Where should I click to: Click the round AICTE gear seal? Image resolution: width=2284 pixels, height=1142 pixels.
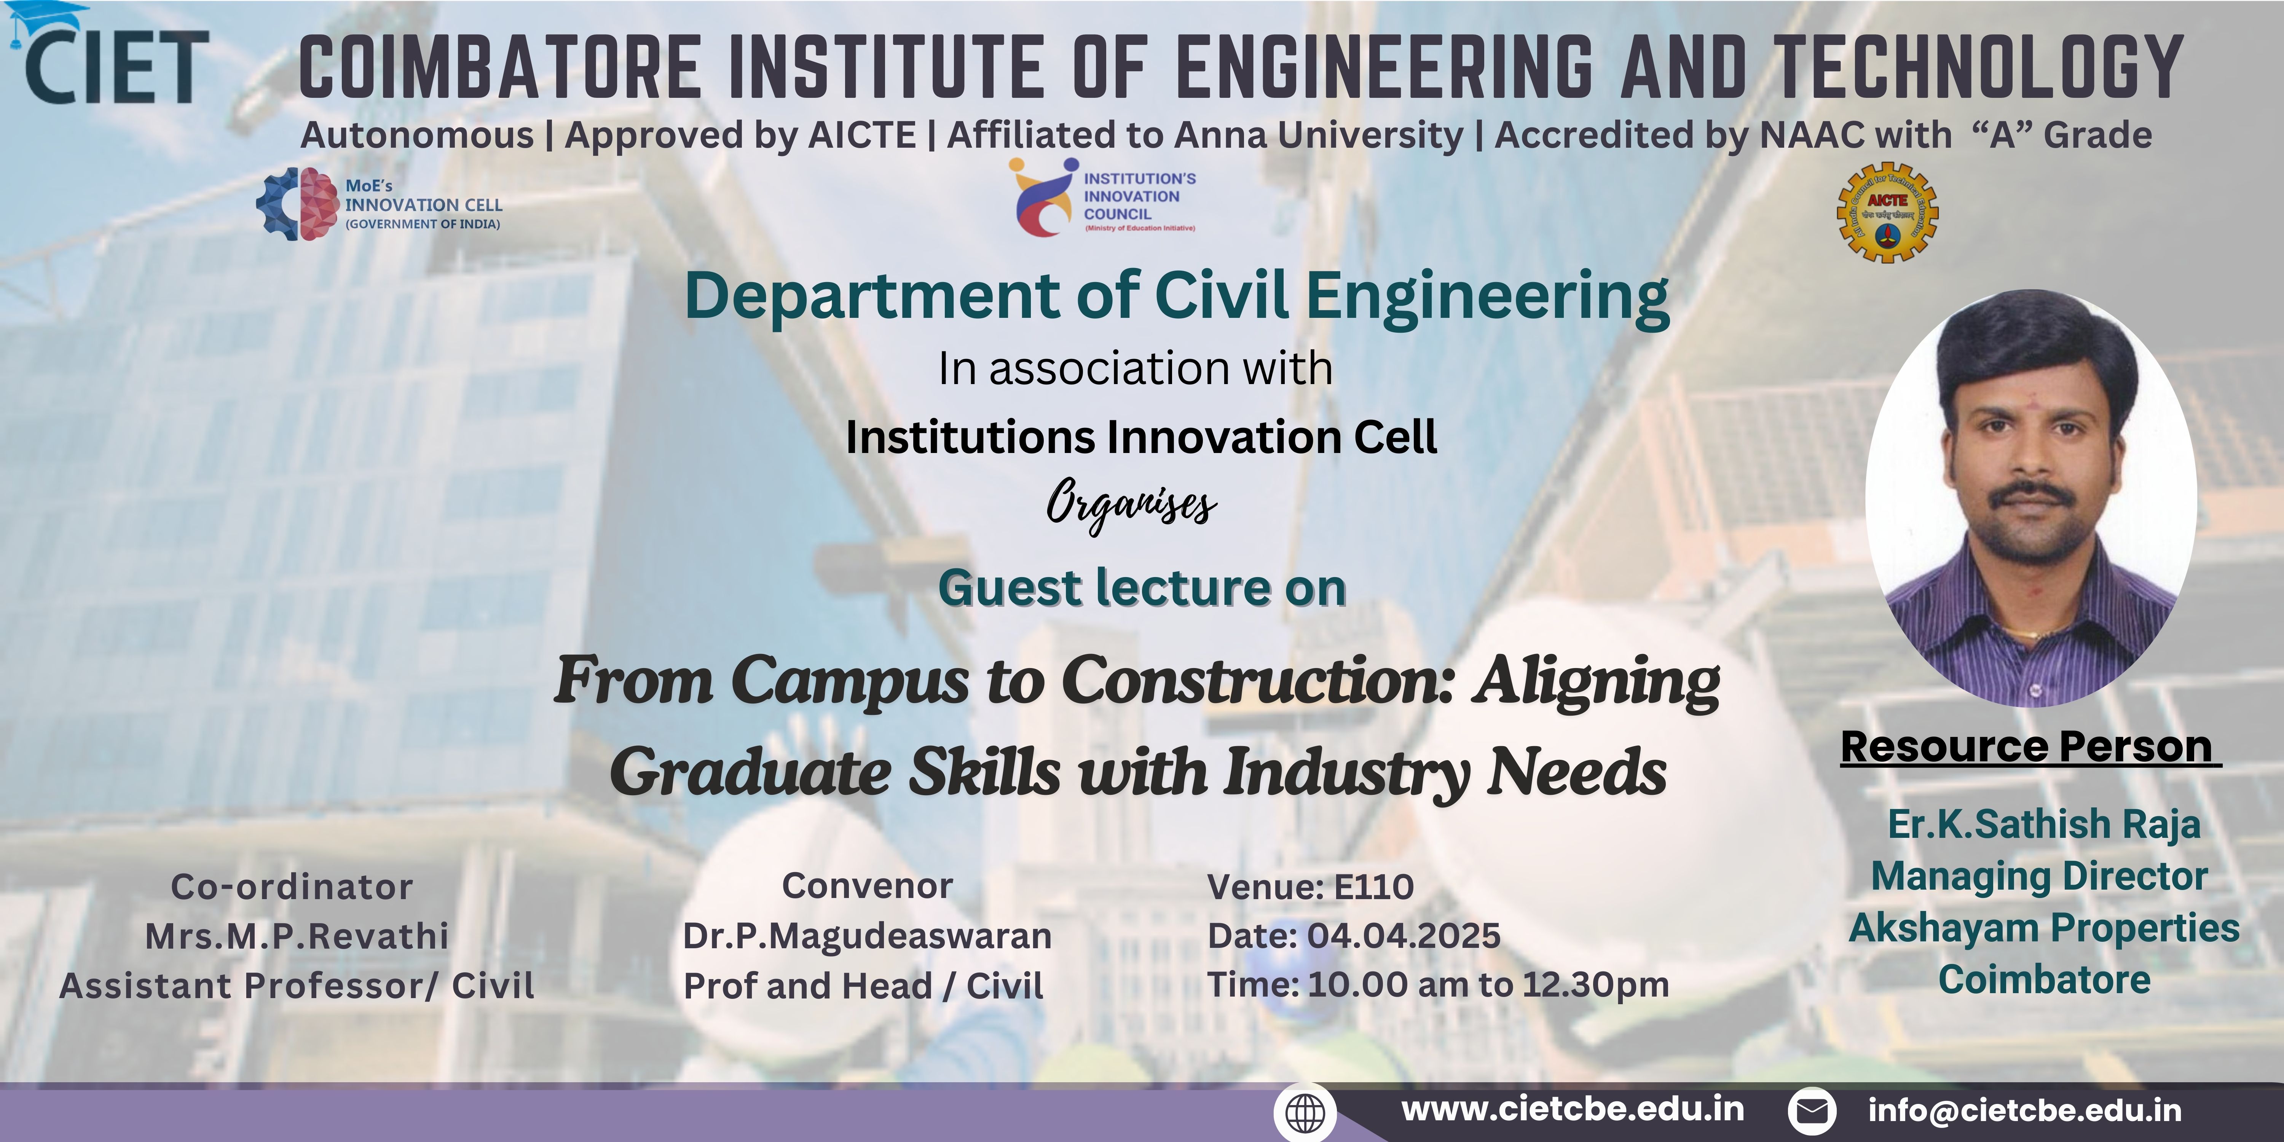(1887, 213)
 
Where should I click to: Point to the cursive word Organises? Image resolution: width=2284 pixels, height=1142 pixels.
(1131, 506)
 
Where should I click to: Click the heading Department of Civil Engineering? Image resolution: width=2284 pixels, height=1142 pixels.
(1177, 297)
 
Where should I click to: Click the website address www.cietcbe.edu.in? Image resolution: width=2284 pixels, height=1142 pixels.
(1573, 1109)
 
